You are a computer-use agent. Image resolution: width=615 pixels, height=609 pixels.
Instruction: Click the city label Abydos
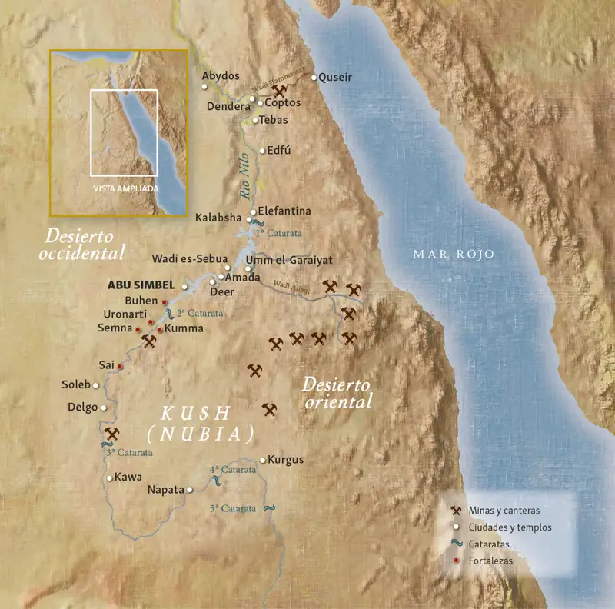[221, 76]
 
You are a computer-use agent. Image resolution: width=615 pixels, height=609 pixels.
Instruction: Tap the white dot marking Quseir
[314, 77]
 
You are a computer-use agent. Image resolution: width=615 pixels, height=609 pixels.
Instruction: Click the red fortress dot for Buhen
[165, 302]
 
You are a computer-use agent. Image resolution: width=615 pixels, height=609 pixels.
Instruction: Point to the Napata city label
[165, 489]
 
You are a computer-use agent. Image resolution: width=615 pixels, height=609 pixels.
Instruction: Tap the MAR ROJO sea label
[453, 254]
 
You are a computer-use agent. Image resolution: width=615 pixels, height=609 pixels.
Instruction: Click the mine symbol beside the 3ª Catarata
[113, 434]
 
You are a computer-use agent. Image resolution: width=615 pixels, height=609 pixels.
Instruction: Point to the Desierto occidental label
[85, 244]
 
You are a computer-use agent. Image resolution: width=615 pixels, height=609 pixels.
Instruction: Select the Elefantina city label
[284, 210]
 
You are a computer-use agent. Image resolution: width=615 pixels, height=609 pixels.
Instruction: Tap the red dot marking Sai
[120, 367]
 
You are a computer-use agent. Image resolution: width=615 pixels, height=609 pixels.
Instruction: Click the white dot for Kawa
[110, 478]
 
